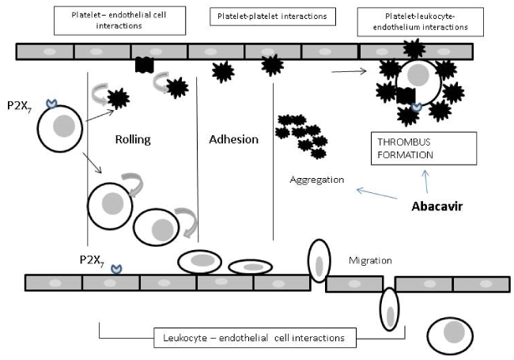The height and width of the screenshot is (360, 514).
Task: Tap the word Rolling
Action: [133, 139]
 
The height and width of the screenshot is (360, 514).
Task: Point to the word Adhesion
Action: [233, 139]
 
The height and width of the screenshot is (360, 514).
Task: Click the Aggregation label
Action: [316, 180]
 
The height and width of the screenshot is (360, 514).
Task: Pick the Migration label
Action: [370, 260]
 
